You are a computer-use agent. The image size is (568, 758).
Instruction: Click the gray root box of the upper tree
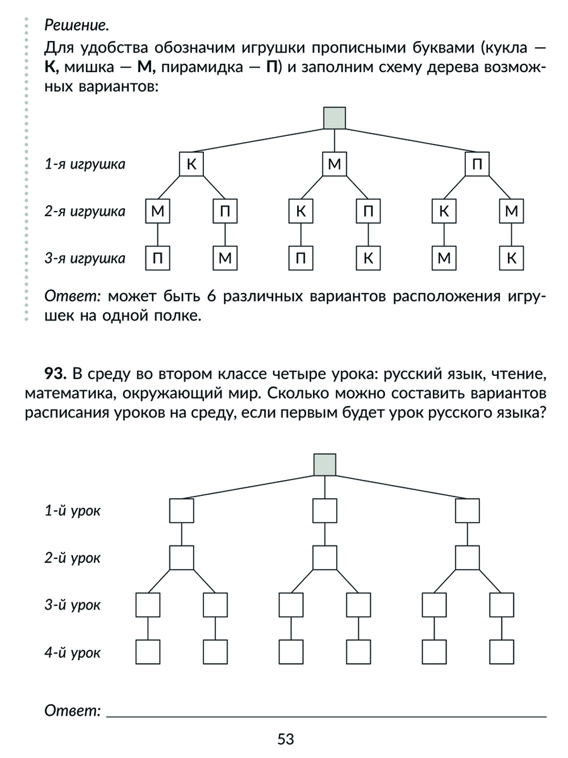pyautogui.click(x=334, y=118)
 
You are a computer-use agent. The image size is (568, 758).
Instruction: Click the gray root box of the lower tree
pyautogui.click(x=324, y=464)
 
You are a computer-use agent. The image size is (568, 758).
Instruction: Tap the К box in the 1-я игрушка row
pyautogui.click(x=191, y=164)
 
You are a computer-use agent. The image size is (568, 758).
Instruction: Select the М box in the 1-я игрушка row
pyautogui.click(x=334, y=164)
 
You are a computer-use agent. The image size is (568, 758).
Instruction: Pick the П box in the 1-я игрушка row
pyautogui.click(x=477, y=164)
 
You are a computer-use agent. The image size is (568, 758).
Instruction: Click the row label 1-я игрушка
pyautogui.click(x=85, y=164)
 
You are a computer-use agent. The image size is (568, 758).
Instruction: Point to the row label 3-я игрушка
pyautogui.click(x=85, y=259)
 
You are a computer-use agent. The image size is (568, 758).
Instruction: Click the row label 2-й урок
pyautogui.click(x=73, y=558)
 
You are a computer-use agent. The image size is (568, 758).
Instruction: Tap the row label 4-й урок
pyautogui.click(x=73, y=652)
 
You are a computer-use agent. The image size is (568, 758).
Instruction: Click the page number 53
pyautogui.click(x=286, y=739)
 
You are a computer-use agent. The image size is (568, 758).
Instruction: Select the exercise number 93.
pyautogui.click(x=56, y=374)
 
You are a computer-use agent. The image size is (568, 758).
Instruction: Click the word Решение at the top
pyautogui.click(x=76, y=25)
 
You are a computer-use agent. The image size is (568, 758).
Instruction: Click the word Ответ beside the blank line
pyautogui.click(x=72, y=710)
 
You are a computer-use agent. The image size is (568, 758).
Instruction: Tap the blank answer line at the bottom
pyautogui.click(x=327, y=714)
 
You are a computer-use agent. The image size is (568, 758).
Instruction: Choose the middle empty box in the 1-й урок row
pyautogui.click(x=324, y=511)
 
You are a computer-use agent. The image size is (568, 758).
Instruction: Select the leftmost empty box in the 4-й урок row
pyautogui.click(x=148, y=652)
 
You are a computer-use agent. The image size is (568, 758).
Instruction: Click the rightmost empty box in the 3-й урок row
pyautogui.click(x=502, y=605)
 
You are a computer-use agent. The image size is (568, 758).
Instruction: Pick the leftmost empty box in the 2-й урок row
pyautogui.click(x=181, y=558)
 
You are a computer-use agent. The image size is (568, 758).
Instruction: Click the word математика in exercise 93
pyautogui.click(x=68, y=394)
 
